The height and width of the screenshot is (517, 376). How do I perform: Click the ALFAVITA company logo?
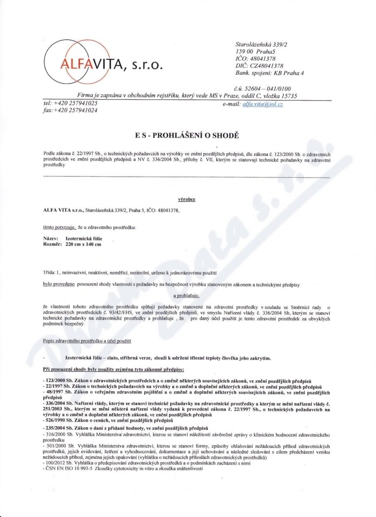(x=103, y=62)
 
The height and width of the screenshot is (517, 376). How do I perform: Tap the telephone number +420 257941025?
(x=78, y=103)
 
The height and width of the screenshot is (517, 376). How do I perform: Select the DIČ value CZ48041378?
(x=266, y=66)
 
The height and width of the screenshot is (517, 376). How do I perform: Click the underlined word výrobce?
(x=187, y=199)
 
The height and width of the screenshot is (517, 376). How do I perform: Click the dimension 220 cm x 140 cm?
(x=83, y=244)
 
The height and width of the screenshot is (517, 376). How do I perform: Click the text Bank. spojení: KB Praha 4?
(x=269, y=73)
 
